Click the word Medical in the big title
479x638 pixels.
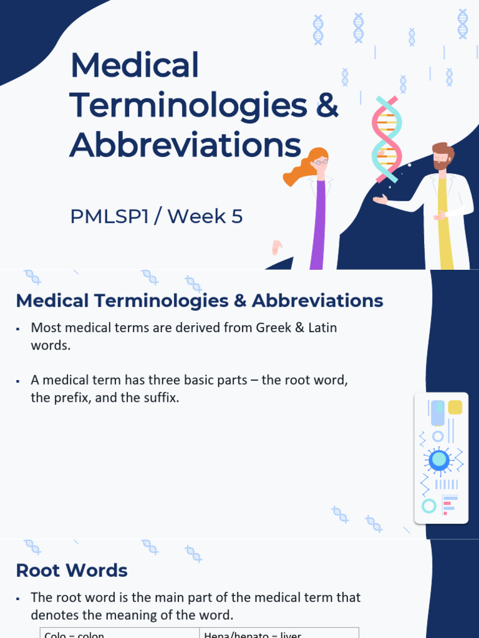(x=135, y=65)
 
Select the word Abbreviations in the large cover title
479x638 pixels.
(x=185, y=145)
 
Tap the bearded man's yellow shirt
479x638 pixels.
(x=444, y=224)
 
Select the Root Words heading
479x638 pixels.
(x=72, y=570)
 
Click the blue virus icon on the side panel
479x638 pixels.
(x=439, y=460)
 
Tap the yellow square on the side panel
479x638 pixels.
(x=455, y=407)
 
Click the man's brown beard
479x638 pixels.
(x=441, y=165)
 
